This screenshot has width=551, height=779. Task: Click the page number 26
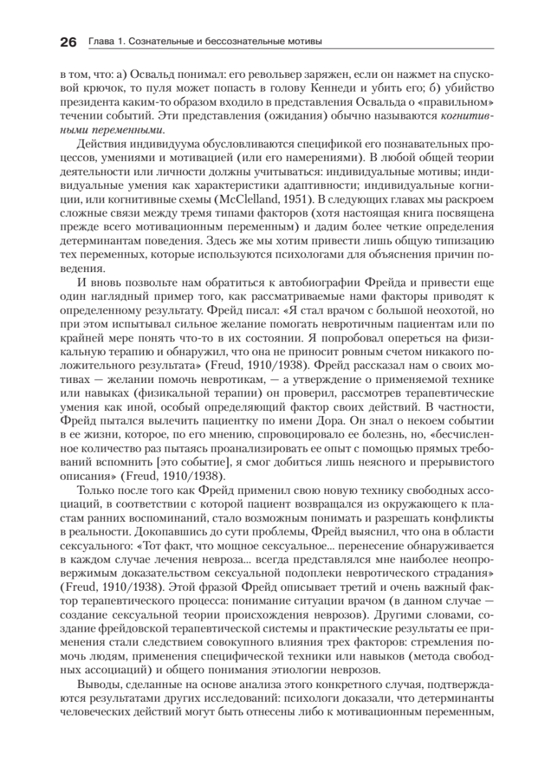68,43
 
